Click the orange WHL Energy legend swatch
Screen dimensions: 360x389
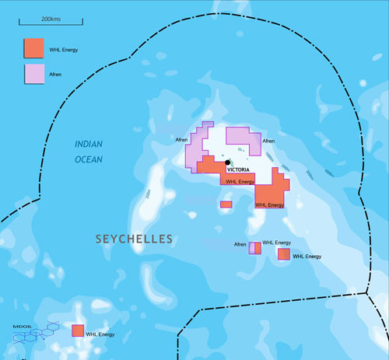point(33,48)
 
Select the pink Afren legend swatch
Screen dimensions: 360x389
point(33,75)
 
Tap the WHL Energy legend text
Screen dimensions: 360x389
point(65,49)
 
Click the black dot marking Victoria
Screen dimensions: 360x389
point(227,163)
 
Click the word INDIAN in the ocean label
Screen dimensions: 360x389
point(89,145)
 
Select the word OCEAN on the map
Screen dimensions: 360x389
point(88,159)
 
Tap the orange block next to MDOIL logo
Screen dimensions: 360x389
point(78,330)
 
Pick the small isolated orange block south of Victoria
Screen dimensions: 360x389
point(226,204)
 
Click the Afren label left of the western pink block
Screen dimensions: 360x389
point(182,140)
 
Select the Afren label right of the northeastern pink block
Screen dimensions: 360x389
point(268,142)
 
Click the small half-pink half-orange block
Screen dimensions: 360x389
point(254,248)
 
